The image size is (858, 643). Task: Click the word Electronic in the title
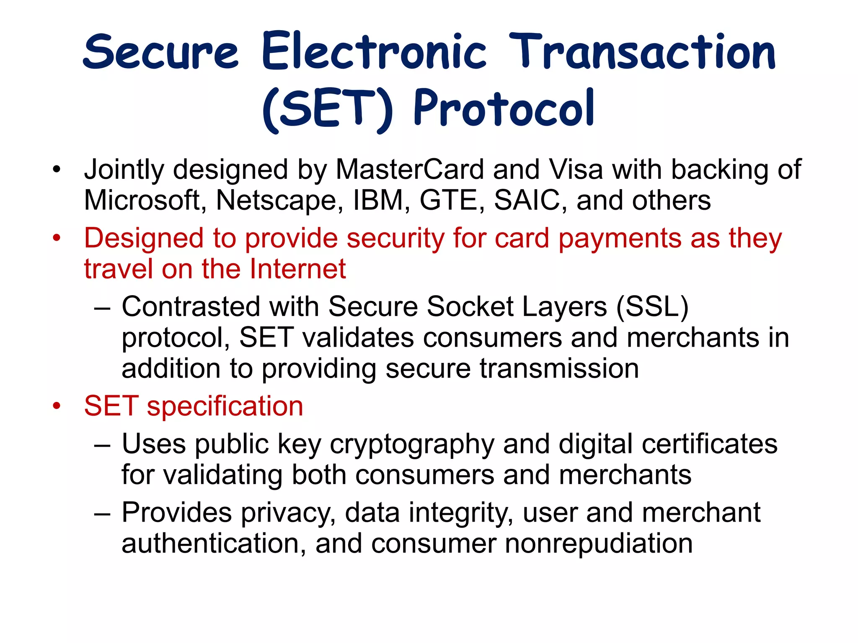pyautogui.click(x=374, y=51)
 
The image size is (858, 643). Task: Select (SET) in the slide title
pyautogui.click(x=328, y=110)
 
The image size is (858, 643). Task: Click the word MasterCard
pyautogui.click(x=410, y=170)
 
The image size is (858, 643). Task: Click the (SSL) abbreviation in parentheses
pyautogui.click(x=652, y=306)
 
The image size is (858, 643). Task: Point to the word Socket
pyautogui.click(x=470, y=306)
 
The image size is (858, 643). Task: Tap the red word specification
pyautogui.click(x=225, y=406)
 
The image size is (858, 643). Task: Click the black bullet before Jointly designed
pyautogui.click(x=57, y=170)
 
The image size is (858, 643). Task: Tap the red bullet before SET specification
pyautogui.click(x=57, y=406)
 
